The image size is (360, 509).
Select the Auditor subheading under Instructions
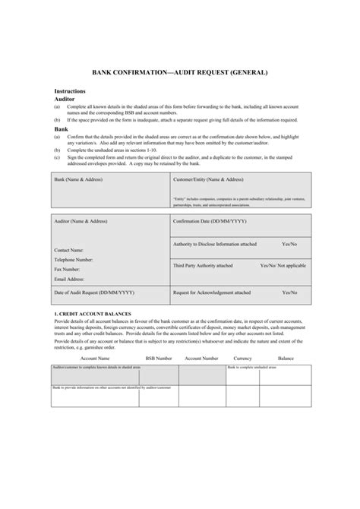point(65,99)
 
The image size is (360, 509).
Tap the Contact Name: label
point(69,250)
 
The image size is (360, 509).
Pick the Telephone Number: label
point(74,259)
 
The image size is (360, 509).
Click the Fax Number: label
point(67,269)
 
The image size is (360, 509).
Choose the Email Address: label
point(69,279)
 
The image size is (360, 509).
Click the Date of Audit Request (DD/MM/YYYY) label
point(94,292)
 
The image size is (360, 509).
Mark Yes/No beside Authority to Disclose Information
point(289,244)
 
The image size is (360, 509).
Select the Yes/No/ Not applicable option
point(283,266)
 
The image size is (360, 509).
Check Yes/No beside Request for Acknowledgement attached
point(289,292)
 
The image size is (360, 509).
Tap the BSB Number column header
point(159,357)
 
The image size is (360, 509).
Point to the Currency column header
point(242,357)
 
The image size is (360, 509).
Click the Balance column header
point(286,357)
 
